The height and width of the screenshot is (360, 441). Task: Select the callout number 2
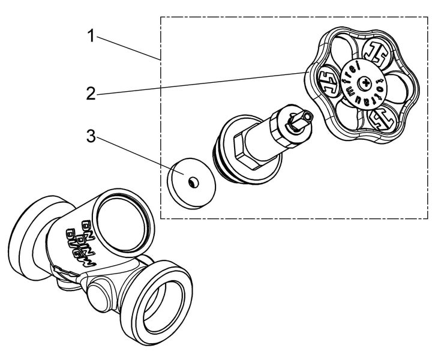point(91,94)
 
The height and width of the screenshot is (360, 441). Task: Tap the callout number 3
point(91,137)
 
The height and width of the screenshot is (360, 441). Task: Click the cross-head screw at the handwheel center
point(364,82)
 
